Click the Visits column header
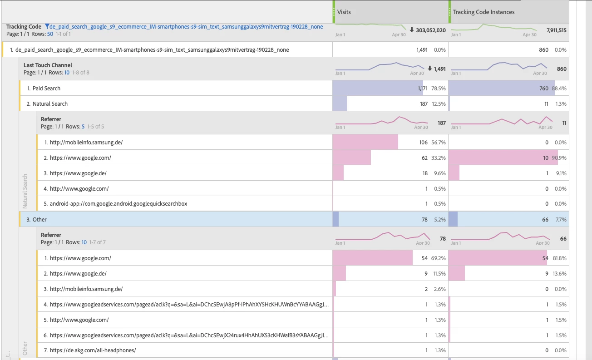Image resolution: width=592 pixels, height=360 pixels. [344, 12]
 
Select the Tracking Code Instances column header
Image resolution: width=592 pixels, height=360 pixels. [483, 12]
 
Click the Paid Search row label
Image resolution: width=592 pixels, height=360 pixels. [46, 89]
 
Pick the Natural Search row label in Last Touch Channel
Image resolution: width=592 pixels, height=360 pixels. [50, 104]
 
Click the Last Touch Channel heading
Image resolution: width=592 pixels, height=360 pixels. [48, 65]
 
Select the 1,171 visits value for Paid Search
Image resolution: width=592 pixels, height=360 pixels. [422, 89]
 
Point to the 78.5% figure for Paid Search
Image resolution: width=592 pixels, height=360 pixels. [439, 89]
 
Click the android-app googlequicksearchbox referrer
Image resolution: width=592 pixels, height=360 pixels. [118, 204]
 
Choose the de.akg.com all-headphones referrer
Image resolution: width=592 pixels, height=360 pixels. [93, 350]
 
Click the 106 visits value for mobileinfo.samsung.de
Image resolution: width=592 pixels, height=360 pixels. [423, 143]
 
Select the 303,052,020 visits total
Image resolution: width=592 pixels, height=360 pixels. [430, 30]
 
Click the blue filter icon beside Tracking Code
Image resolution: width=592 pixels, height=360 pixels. [47, 27]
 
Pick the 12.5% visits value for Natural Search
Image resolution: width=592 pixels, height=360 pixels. [439, 104]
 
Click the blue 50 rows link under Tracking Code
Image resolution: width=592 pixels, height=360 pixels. [50, 34]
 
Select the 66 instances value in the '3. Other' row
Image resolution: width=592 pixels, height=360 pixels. [545, 220]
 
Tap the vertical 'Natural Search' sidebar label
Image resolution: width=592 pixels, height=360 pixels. [25, 191]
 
